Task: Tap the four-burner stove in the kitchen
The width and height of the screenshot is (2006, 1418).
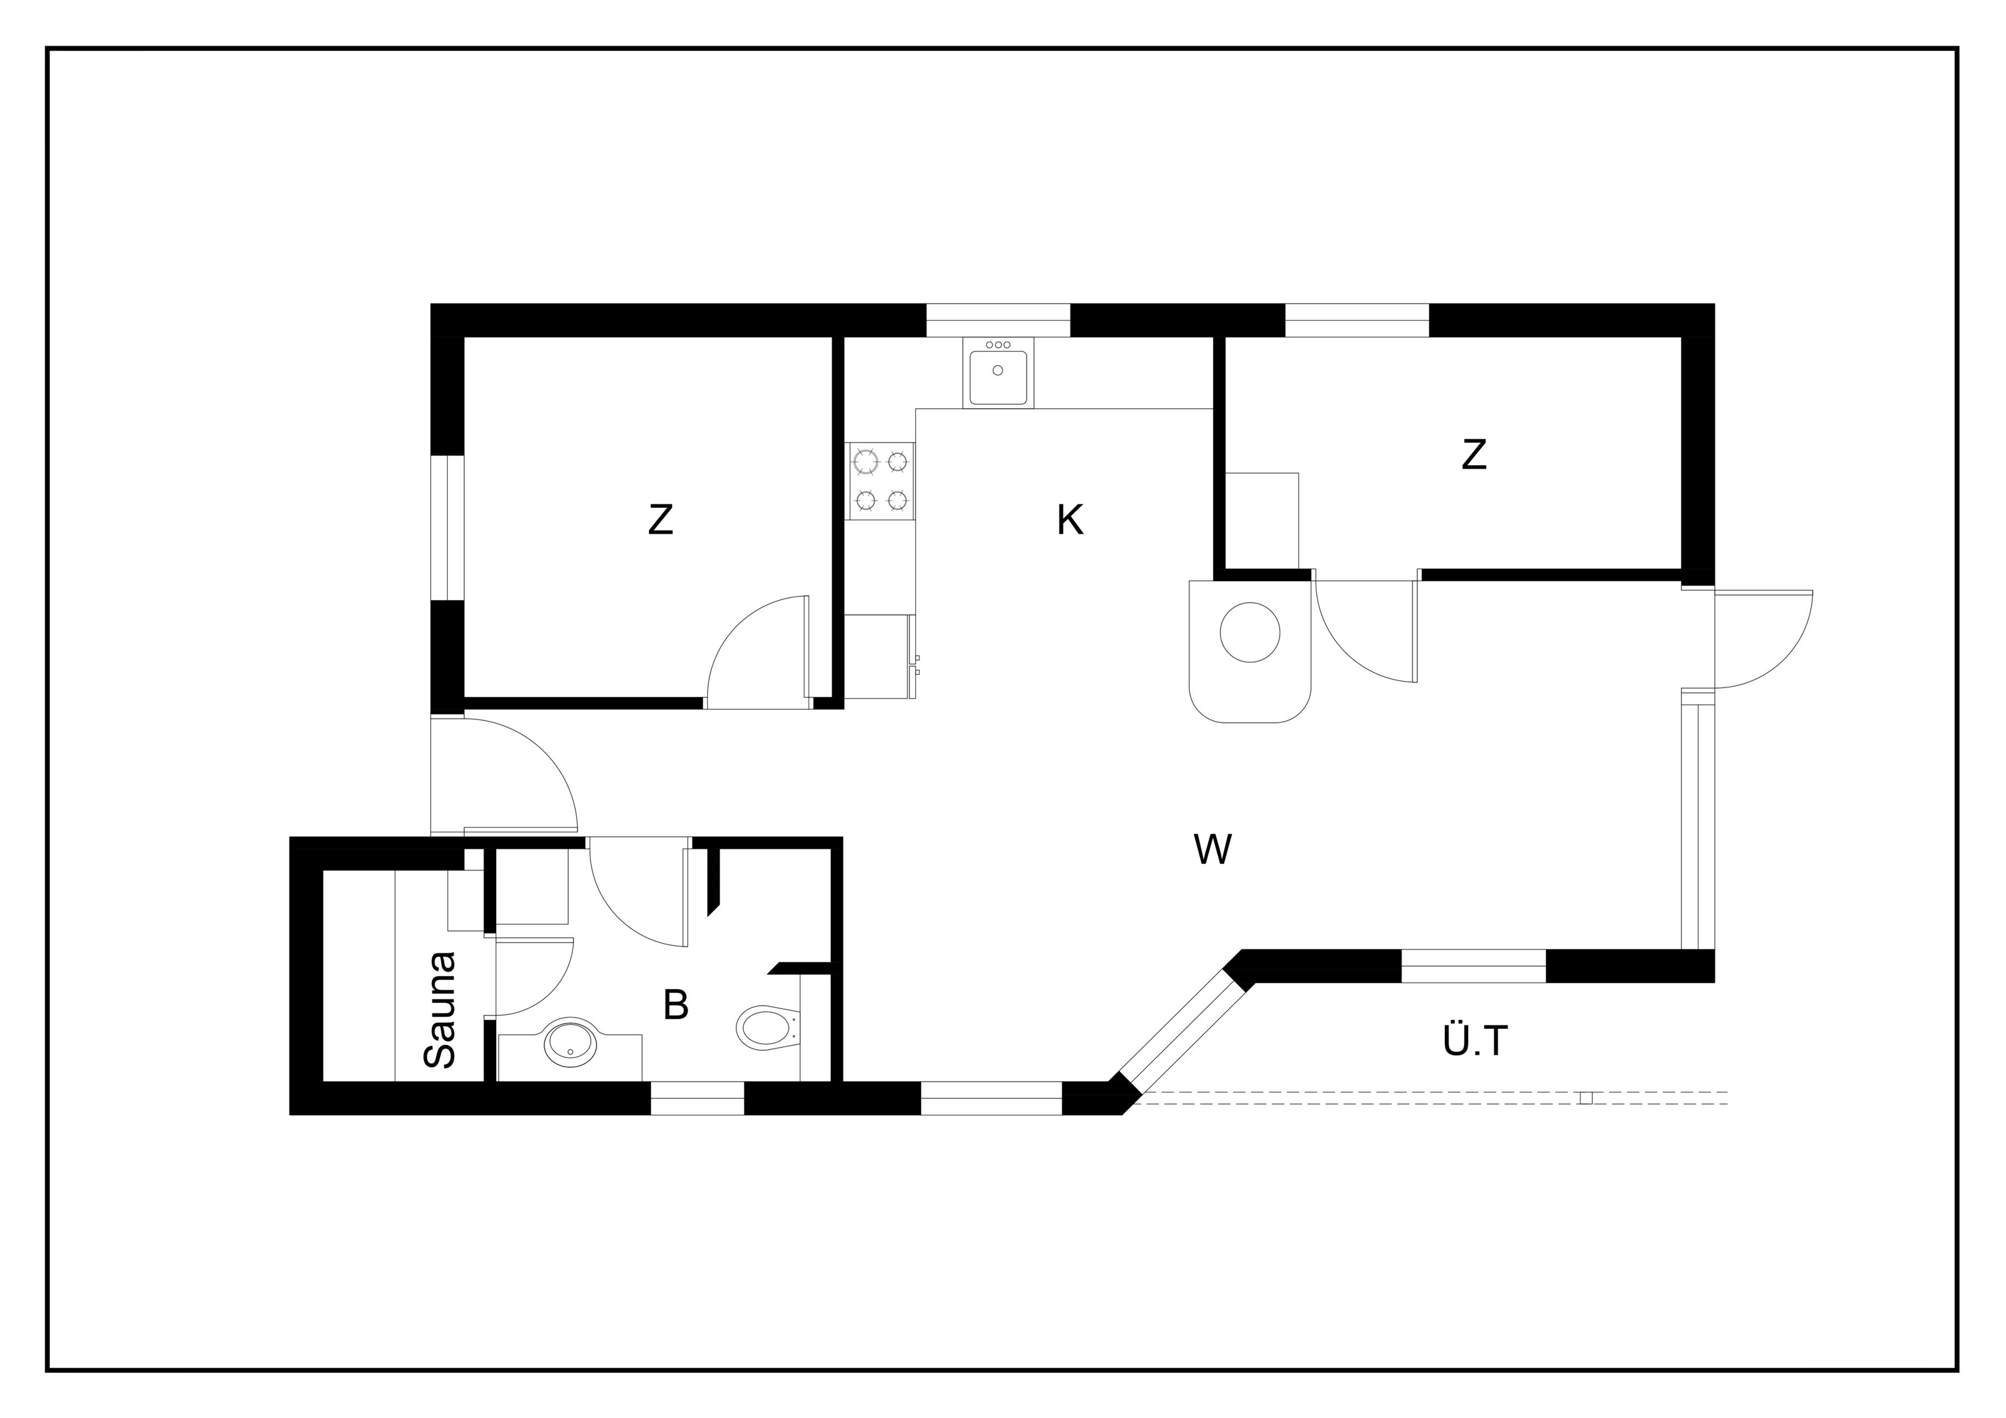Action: tap(881, 481)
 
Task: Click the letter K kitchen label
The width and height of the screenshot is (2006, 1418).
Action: tap(1070, 521)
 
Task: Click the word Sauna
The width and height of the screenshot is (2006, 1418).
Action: tap(440, 1010)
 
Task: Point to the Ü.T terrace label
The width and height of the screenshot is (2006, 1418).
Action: tap(1476, 1040)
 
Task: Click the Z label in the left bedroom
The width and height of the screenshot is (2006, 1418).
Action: tap(661, 521)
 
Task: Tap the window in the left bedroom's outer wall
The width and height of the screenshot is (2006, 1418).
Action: tap(447, 527)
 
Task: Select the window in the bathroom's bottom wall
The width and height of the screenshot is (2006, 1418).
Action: tap(697, 1098)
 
